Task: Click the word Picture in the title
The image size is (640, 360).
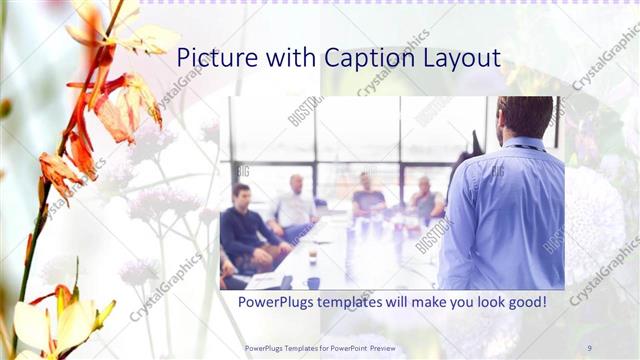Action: point(213,58)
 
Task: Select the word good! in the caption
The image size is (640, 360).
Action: point(525,300)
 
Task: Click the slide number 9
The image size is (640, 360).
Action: point(589,348)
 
